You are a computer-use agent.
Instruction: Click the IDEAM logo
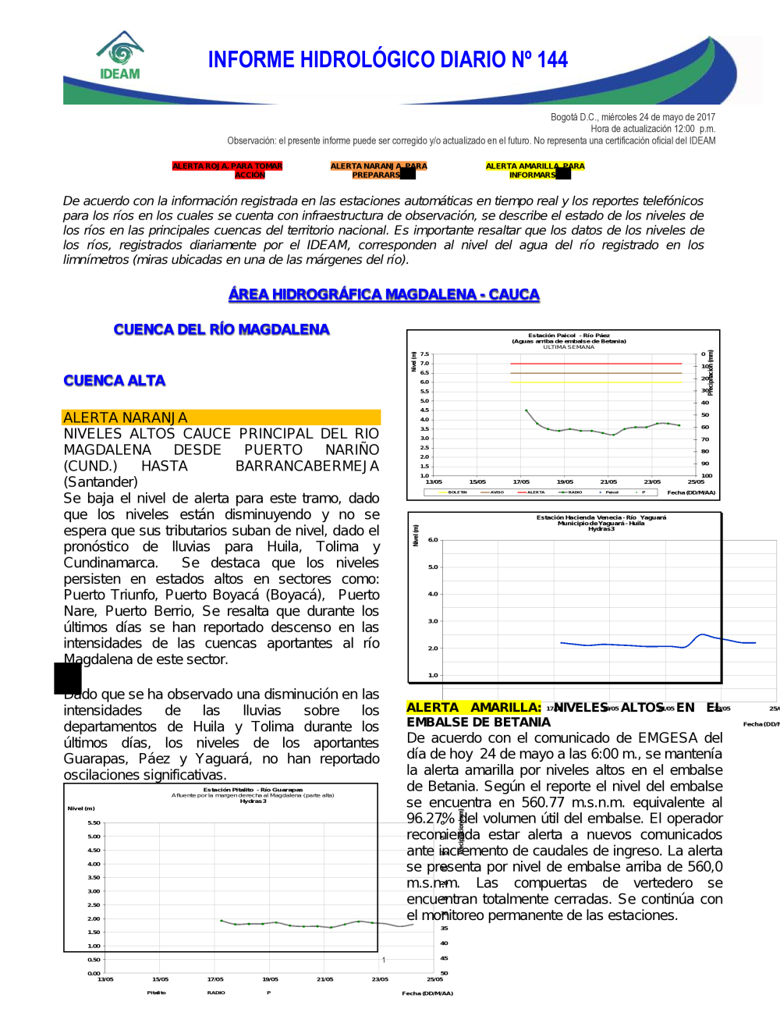(120, 56)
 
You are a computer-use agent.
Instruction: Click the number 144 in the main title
(552, 60)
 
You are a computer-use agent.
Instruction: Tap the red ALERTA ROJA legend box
(227, 170)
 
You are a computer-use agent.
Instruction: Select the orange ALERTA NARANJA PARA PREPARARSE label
(378, 170)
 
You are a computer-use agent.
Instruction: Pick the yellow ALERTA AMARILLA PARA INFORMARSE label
(534, 170)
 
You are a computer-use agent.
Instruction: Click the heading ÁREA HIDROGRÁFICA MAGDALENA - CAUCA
(384, 294)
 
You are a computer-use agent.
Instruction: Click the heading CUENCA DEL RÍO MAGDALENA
(222, 329)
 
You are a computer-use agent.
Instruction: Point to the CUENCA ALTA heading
(115, 381)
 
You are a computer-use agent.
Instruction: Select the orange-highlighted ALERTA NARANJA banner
(221, 417)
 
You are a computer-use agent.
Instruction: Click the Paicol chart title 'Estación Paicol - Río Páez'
(569, 336)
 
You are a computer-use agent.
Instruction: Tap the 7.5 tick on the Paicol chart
(424, 354)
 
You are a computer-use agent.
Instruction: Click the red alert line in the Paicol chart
(596, 364)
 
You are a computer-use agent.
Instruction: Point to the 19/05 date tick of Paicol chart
(565, 482)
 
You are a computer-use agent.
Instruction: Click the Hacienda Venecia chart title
(601, 517)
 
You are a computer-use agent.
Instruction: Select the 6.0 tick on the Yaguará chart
(433, 540)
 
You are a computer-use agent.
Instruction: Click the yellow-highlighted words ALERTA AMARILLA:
(473, 708)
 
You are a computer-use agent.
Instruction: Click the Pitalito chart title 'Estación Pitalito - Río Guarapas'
(253, 790)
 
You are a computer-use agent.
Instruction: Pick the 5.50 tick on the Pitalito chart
(94, 822)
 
